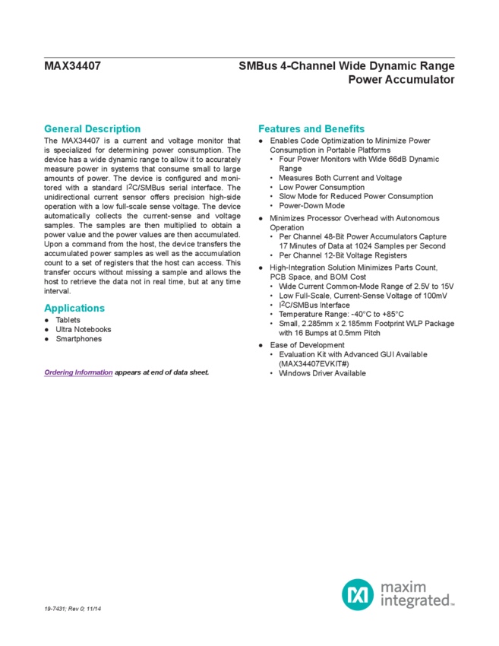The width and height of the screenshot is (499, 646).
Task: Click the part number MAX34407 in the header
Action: tap(73, 65)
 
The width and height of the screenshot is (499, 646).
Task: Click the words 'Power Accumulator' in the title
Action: tap(402, 78)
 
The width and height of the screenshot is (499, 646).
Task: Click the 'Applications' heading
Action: tap(74, 308)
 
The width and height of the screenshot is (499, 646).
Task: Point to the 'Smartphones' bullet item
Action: tap(77, 339)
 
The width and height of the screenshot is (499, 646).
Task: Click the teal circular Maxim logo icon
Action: tap(356, 594)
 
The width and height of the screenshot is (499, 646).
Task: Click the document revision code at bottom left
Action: tap(73, 610)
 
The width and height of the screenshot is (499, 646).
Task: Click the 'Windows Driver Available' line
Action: tap(323, 373)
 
